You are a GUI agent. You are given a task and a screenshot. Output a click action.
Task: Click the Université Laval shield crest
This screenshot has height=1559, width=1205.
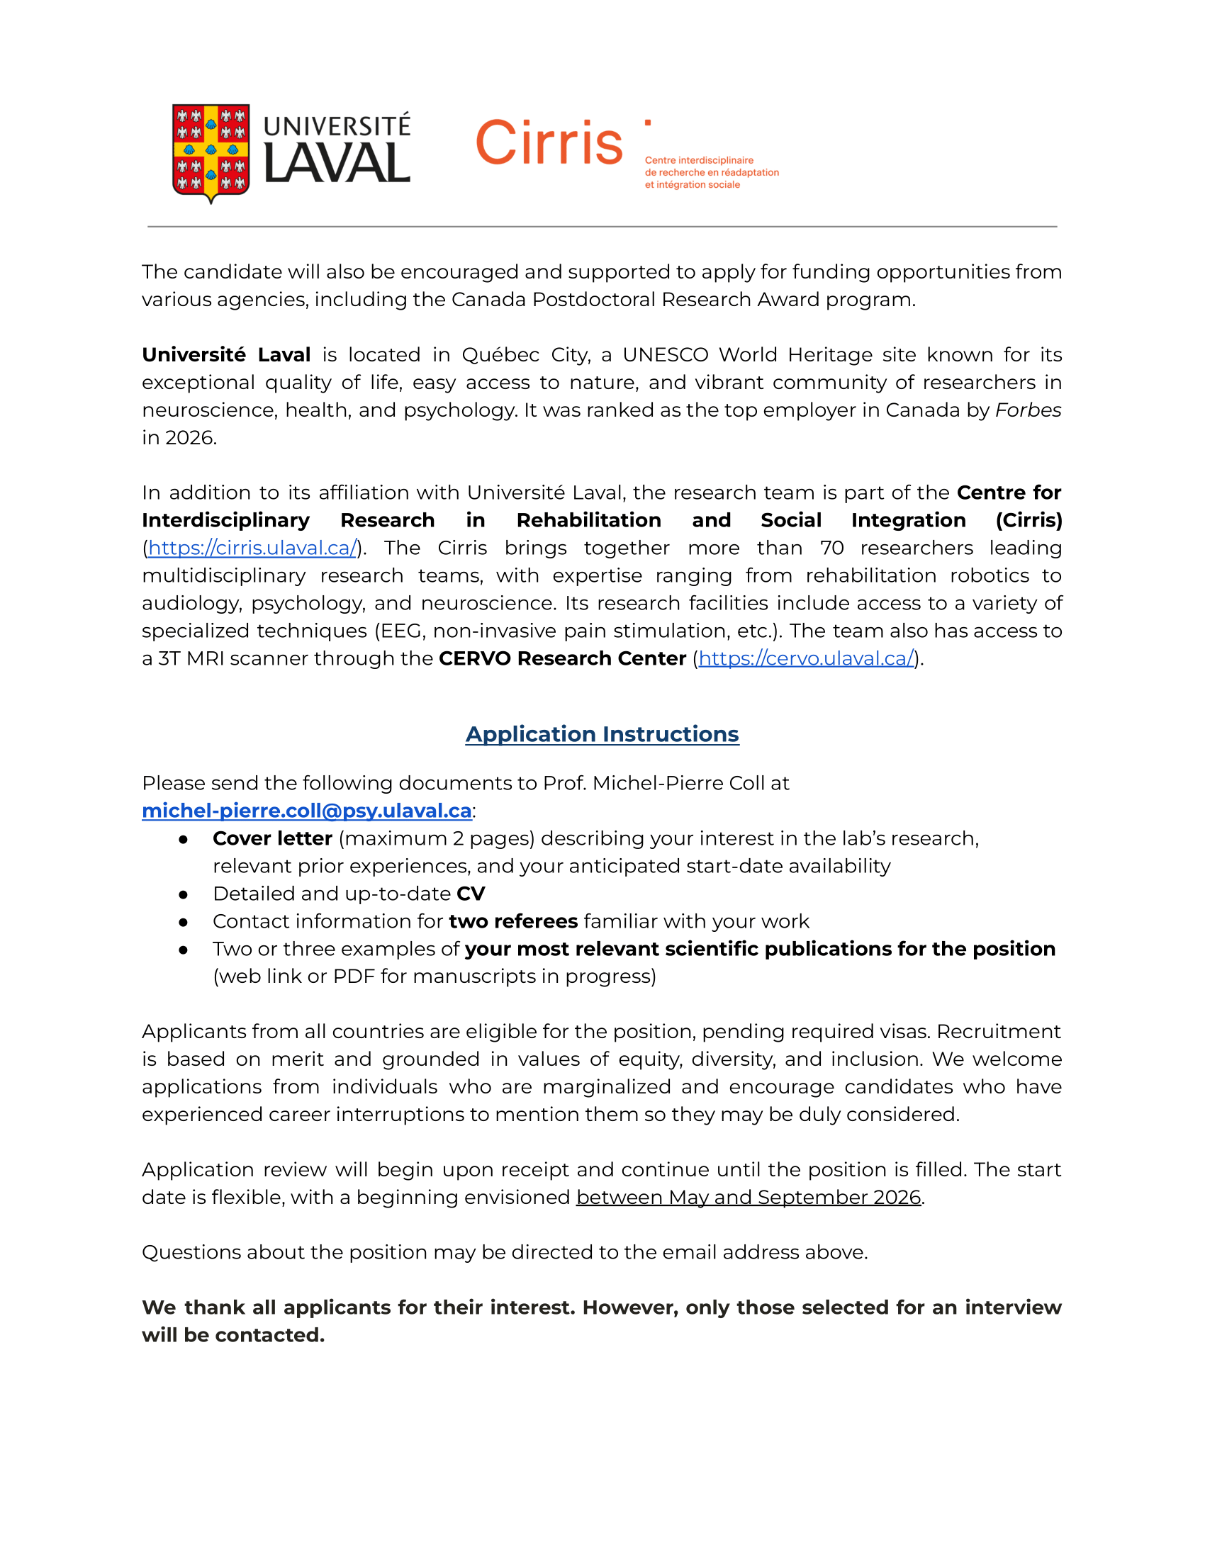pyautogui.click(x=211, y=152)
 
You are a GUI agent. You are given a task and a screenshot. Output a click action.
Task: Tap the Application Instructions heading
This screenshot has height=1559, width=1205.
pyautogui.click(x=602, y=734)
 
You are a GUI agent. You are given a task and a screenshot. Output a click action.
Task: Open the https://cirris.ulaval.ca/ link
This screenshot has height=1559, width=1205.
pyautogui.click(x=252, y=548)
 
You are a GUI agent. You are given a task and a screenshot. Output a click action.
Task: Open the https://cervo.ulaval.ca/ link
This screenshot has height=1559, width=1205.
pyautogui.click(x=806, y=658)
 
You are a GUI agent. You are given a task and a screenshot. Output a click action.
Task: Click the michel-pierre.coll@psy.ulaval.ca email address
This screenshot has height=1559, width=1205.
pyautogui.click(x=307, y=811)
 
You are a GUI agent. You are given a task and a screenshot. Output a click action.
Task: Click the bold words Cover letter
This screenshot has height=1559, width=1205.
pyautogui.click(x=272, y=838)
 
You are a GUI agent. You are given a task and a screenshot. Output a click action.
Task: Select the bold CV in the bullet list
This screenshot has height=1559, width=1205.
pyautogui.click(x=471, y=894)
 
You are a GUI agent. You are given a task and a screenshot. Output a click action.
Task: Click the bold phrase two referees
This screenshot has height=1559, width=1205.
pyautogui.click(x=512, y=921)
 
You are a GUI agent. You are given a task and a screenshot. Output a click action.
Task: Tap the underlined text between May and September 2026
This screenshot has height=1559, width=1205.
pyautogui.click(x=748, y=1197)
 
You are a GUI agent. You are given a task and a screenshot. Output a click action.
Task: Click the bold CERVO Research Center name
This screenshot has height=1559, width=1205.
pyautogui.click(x=562, y=658)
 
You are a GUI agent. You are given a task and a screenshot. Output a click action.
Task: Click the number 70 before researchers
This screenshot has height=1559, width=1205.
pyautogui.click(x=831, y=548)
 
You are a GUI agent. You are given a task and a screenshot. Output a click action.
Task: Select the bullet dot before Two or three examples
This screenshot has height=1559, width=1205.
pyautogui.click(x=184, y=950)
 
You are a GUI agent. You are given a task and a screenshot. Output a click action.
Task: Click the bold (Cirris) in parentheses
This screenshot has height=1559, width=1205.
pyautogui.click(x=1028, y=520)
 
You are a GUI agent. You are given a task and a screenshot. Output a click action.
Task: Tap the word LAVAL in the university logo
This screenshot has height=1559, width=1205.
pyautogui.click(x=337, y=164)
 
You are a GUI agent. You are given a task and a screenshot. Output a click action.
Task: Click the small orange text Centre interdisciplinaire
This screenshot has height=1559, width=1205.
pyautogui.click(x=699, y=161)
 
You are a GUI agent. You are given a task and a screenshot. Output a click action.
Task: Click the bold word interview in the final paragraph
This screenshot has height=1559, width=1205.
pyautogui.click(x=1013, y=1307)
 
